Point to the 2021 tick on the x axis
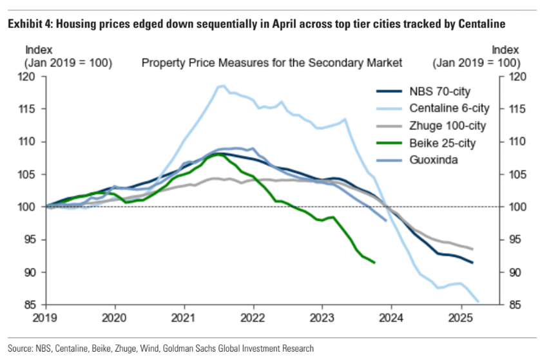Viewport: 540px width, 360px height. point(184,317)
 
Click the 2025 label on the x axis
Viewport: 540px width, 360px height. point(461,317)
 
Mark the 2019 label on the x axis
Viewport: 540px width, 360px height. point(46,317)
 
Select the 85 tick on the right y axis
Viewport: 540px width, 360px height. point(510,305)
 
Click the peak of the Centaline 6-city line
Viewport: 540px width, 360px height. point(223,86)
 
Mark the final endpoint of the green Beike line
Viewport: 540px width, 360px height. point(375,262)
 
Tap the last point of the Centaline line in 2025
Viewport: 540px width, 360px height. point(478,301)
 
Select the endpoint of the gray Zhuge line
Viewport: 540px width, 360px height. point(473,249)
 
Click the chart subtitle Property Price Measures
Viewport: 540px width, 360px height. point(271,62)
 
